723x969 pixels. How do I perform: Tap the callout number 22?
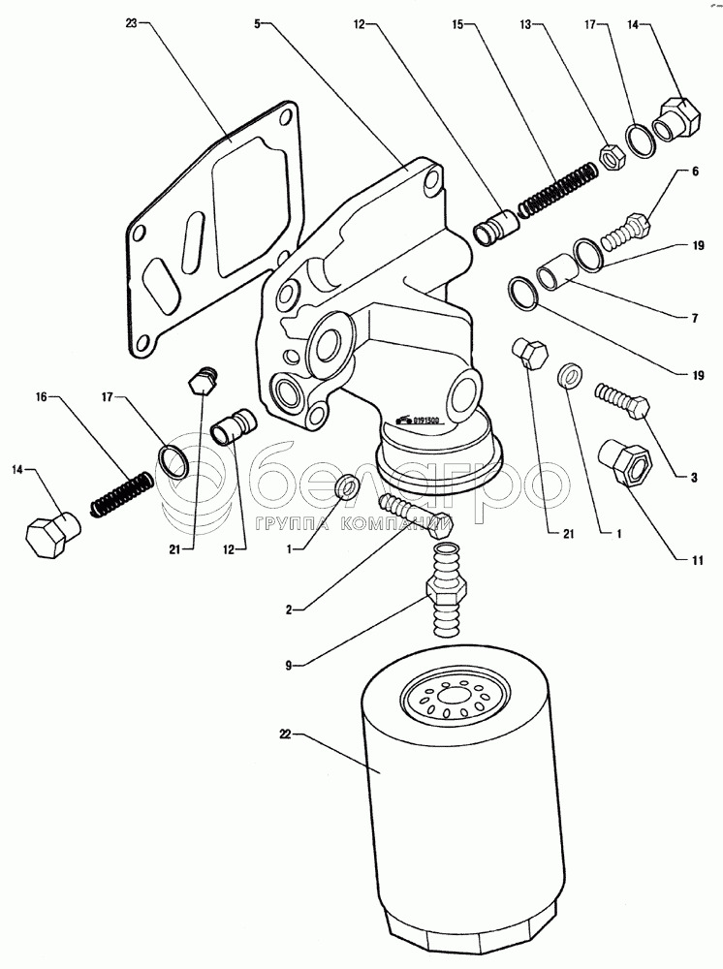[x=286, y=736]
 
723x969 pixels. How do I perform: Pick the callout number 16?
[x=42, y=396]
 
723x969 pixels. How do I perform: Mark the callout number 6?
[x=695, y=172]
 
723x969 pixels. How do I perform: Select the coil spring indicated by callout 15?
[x=556, y=191]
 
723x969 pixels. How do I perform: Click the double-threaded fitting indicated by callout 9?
[x=447, y=591]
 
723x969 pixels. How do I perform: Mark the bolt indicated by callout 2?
[x=417, y=516]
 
